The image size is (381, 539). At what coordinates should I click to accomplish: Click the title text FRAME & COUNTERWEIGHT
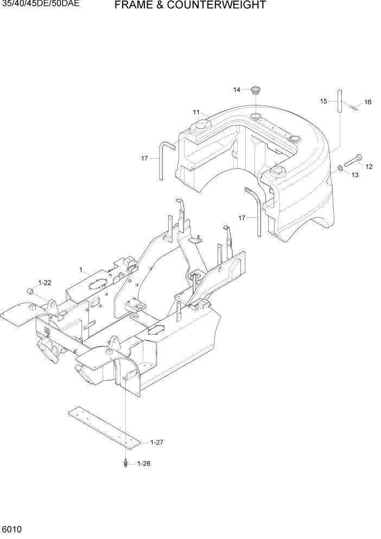pyautogui.click(x=190, y=6)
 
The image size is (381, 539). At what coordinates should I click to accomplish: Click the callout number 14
pyautogui.click(x=237, y=90)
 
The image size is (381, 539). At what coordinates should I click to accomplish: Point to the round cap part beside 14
pyautogui.click(x=257, y=90)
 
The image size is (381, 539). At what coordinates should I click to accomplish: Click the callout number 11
pyautogui.click(x=196, y=112)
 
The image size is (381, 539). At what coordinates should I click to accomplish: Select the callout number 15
pyautogui.click(x=323, y=101)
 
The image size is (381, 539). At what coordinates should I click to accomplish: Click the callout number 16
pyautogui.click(x=367, y=102)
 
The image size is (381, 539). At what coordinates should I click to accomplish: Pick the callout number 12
pyautogui.click(x=369, y=166)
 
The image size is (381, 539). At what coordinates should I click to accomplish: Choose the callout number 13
pyautogui.click(x=355, y=175)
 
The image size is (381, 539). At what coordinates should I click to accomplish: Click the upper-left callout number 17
pyautogui.click(x=145, y=158)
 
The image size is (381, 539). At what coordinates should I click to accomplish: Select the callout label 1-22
pyautogui.click(x=45, y=283)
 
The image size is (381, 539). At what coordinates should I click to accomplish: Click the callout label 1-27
pyautogui.click(x=157, y=442)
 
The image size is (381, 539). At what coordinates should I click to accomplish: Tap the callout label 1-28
pyautogui.click(x=144, y=463)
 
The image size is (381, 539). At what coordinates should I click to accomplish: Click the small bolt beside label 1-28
pyautogui.click(x=126, y=463)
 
